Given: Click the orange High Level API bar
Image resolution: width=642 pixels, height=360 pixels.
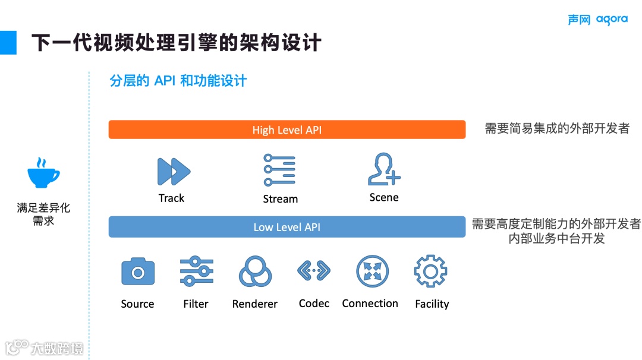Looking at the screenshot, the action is (x=287, y=130).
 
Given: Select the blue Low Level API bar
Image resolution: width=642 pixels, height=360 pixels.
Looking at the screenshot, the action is (x=287, y=227).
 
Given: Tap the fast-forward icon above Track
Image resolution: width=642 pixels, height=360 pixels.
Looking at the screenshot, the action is (x=174, y=172).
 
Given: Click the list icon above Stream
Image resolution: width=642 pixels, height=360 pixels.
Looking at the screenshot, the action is (x=279, y=170).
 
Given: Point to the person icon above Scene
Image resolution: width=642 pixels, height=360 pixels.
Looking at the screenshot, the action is (x=383, y=170).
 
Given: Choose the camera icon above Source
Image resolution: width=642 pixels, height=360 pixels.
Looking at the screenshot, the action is (x=138, y=272).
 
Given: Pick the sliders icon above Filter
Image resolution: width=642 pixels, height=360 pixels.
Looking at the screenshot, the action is (x=197, y=272).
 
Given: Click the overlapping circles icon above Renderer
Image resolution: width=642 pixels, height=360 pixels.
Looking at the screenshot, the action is (x=255, y=272).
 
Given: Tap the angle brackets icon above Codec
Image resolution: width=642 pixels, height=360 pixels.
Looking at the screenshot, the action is (x=313, y=270).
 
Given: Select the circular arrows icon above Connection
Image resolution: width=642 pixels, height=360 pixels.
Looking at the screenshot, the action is (x=372, y=271).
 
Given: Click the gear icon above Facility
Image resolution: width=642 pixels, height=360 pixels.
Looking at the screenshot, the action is (x=430, y=272).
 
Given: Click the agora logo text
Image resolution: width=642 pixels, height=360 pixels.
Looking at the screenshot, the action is (x=612, y=20).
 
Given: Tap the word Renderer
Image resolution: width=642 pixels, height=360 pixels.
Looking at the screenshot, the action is (x=254, y=304).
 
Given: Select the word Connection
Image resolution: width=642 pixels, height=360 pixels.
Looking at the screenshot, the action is (x=370, y=304).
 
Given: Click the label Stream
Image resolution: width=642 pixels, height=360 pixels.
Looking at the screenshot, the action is (x=280, y=199).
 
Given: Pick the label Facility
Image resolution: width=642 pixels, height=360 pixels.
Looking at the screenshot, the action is (x=432, y=304).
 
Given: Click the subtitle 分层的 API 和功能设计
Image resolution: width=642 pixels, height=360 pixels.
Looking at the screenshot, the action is (x=178, y=81).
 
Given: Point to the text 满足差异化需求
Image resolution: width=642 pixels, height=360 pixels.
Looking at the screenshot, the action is (x=43, y=214).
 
